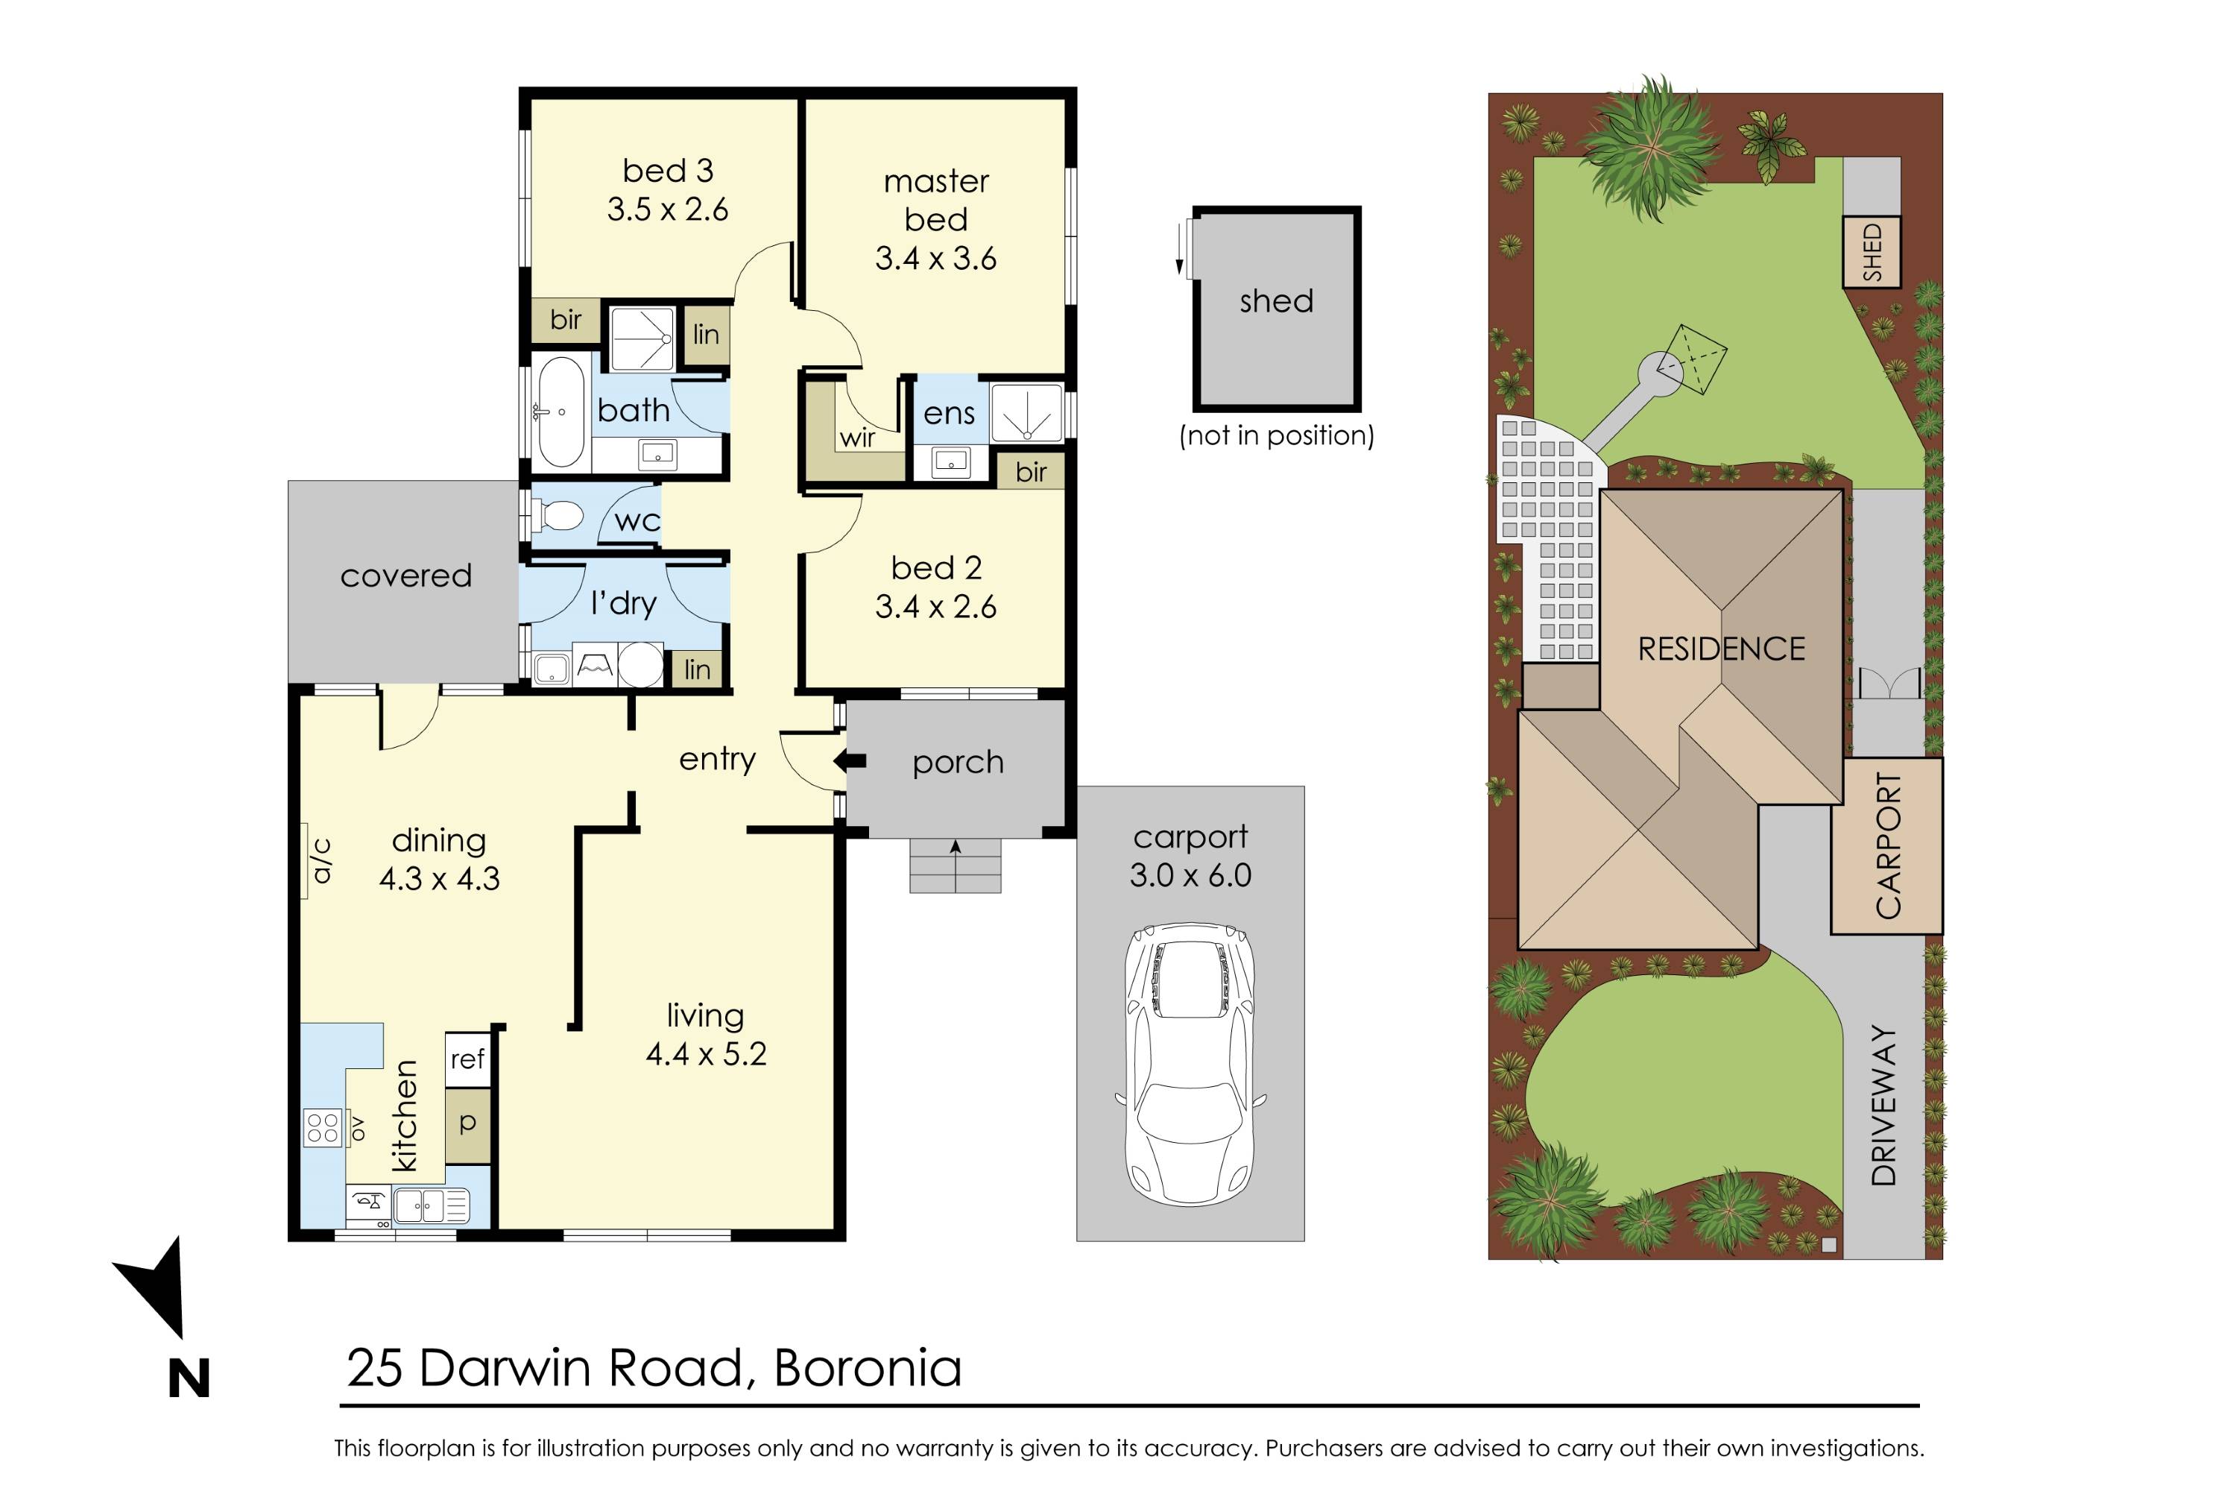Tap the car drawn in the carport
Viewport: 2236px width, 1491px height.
[1190, 1065]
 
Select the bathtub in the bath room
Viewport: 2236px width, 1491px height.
[561, 413]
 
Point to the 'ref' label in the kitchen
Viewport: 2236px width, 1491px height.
[467, 1059]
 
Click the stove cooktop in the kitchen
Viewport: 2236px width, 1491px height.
[322, 1128]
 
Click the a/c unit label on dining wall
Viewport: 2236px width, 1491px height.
[321, 860]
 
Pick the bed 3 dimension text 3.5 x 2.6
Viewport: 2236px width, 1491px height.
[667, 209]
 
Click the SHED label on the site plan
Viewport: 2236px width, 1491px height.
[1871, 252]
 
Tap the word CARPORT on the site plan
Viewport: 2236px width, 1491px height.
[1887, 846]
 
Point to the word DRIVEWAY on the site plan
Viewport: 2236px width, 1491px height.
[1883, 1106]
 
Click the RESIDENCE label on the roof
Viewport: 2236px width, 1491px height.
[1721, 649]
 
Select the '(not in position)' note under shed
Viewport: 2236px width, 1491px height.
[1276, 435]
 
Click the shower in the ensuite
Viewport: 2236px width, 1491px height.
[1026, 413]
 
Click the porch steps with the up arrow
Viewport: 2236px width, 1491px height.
[955, 866]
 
